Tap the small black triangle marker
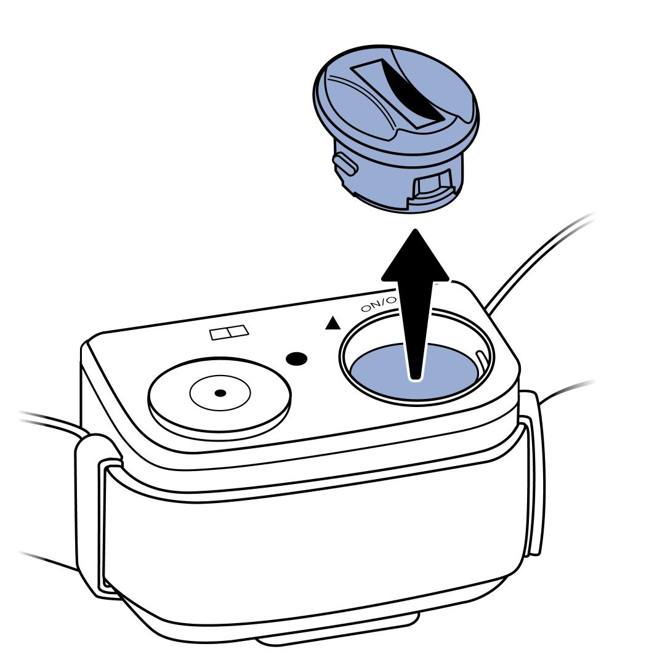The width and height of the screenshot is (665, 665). [x=333, y=323]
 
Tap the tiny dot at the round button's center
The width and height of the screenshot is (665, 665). [x=220, y=392]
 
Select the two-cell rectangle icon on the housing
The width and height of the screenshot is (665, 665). [x=229, y=332]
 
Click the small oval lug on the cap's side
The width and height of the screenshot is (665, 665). [x=345, y=164]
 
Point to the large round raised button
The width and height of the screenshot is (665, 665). [x=220, y=397]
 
